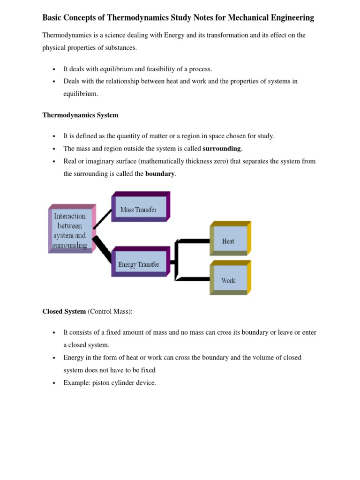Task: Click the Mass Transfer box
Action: coord(138,209)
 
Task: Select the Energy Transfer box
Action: coord(138,264)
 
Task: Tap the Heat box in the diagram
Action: coord(228,241)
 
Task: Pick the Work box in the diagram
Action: coord(228,280)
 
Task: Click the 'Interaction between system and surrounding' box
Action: coord(70,231)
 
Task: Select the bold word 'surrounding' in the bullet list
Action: coord(222,149)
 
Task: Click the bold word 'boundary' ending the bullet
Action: coord(160,174)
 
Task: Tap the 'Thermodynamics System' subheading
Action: coord(80,115)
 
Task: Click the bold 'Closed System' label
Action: coord(64,311)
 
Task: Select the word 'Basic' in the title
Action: coord(53,18)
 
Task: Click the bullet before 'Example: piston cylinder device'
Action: coord(53,383)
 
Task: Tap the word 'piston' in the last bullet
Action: coord(100,383)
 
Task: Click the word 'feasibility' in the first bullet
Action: coord(157,69)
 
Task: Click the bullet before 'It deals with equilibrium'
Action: coord(53,69)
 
